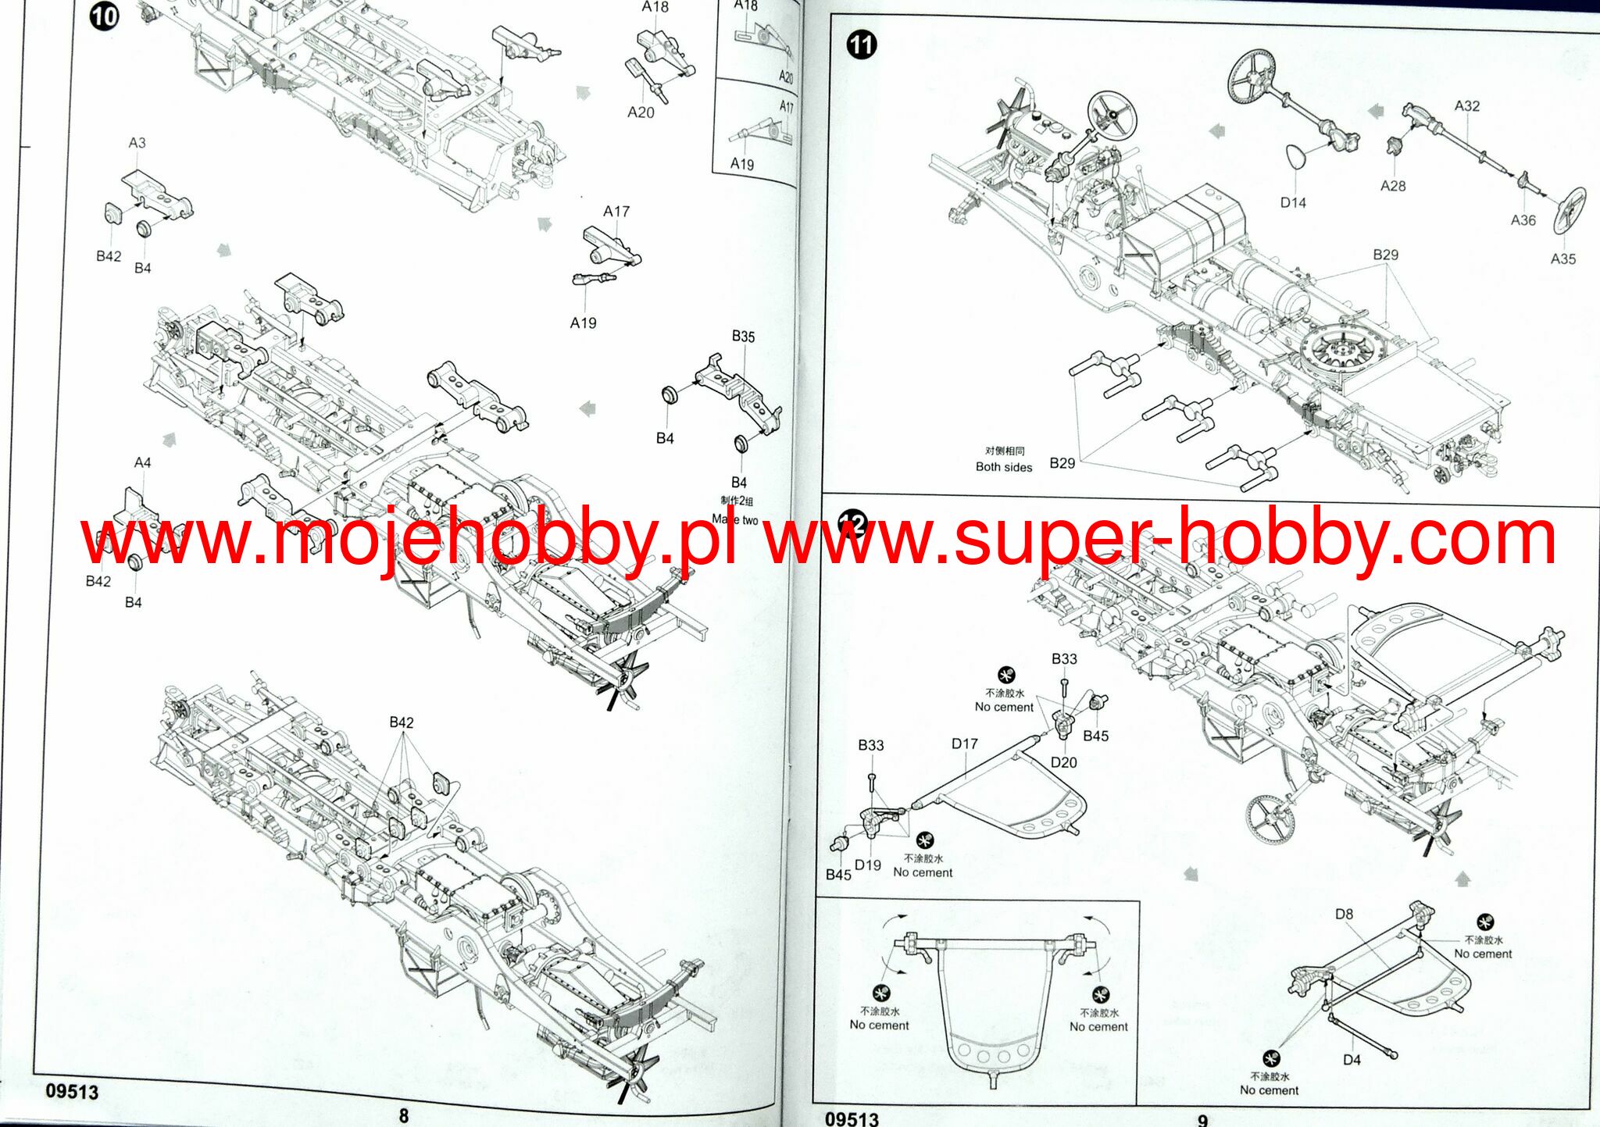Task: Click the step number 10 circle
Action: click(104, 16)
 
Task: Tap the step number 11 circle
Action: click(861, 45)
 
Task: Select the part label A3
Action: click(137, 143)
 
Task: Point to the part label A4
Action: click(142, 462)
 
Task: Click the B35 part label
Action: click(743, 337)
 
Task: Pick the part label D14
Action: click(1293, 203)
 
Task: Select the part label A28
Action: click(1392, 186)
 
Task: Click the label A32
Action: click(1466, 106)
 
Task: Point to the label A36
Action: click(1523, 220)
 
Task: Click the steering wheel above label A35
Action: click(1569, 209)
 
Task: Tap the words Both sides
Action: click(1004, 467)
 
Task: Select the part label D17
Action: click(965, 744)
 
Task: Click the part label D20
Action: click(1063, 762)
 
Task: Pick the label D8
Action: click(1344, 914)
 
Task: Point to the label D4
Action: click(1352, 1060)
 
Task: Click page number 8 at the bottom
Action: click(404, 1115)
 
